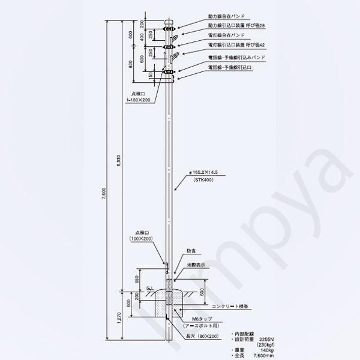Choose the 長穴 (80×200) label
click(202, 337)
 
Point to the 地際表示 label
click(196, 264)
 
